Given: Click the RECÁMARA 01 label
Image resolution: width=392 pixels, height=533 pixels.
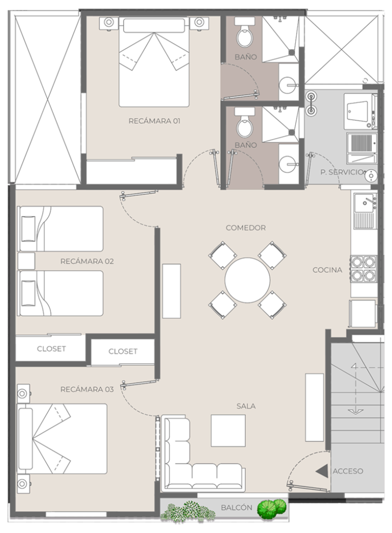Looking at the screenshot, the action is click(154, 121).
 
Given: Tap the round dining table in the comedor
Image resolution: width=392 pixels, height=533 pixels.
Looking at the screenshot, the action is click(247, 280).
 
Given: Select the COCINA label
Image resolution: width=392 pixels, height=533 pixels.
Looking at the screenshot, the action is click(327, 270).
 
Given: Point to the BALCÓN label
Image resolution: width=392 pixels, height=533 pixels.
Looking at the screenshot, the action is click(237, 507).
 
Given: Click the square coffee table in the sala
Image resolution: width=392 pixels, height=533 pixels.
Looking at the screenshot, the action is click(228, 430).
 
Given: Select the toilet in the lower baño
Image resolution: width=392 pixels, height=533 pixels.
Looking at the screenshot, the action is click(245, 122).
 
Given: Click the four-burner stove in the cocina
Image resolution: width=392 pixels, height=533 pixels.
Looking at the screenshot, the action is click(364, 269).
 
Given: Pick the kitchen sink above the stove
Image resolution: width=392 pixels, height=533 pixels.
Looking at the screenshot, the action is click(365, 210).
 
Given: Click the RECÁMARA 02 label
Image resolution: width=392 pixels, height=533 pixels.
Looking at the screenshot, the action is click(87, 261).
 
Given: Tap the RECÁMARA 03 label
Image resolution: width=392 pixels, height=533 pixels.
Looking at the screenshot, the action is click(87, 389).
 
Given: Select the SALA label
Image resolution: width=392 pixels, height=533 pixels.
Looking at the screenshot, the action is click(246, 406).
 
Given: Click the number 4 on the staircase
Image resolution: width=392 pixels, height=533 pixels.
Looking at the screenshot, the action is click(355, 366).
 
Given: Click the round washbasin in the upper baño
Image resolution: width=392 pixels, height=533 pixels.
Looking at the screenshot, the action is click(289, 84).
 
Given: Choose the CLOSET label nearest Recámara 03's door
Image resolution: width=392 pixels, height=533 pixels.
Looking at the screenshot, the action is click(123, 351).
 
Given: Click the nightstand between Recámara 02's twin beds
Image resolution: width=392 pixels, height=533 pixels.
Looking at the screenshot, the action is click(26, 261).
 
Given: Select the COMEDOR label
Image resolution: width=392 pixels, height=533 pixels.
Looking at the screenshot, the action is click(246, 228).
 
